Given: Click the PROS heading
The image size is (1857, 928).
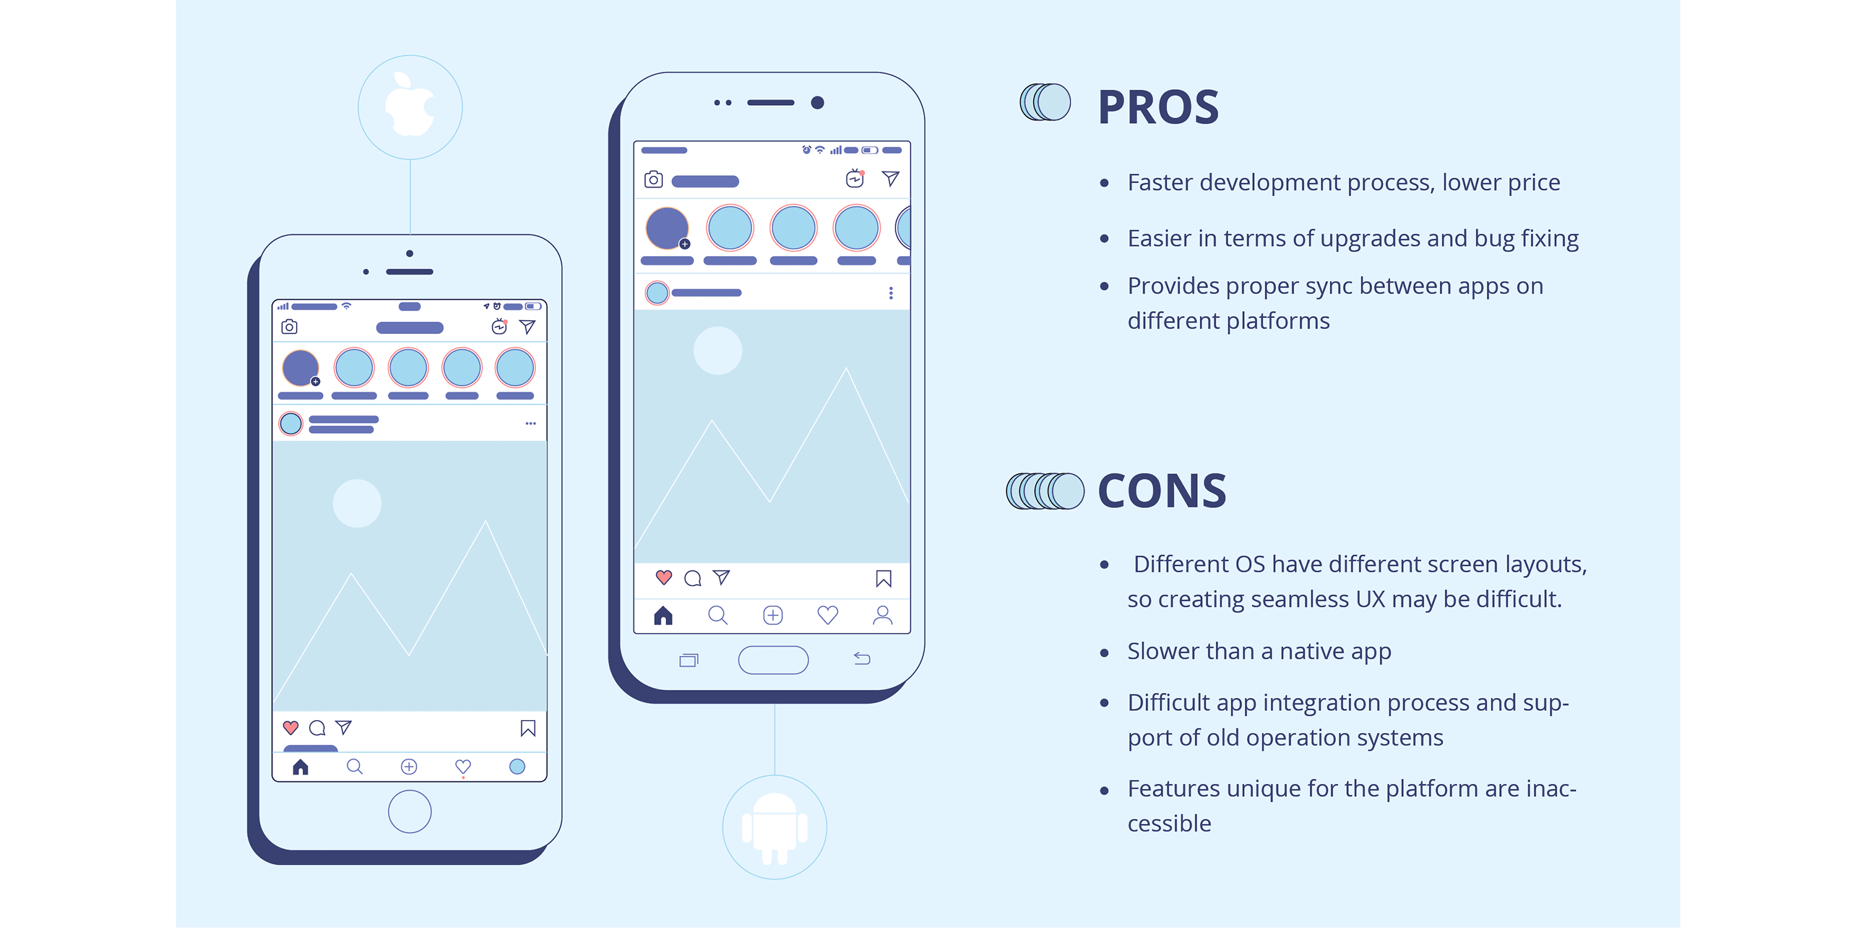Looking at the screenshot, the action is coord(1158,108).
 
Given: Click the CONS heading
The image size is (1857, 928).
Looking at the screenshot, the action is coord(1162,491).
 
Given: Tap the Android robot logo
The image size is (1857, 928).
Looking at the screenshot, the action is coord(775,828).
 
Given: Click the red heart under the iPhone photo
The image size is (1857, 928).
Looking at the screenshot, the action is coord(290,727).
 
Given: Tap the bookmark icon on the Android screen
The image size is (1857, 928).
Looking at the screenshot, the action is coord(884,578).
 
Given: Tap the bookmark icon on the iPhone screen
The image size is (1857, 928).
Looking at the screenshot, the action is coord(527,728).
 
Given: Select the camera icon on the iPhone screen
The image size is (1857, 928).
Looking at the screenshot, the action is coord(289,327).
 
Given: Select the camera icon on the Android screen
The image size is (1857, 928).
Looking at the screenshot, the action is coord(653,179).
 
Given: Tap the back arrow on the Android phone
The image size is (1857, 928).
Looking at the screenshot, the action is coord(862,658).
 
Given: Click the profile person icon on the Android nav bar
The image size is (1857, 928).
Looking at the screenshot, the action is coord(882,614).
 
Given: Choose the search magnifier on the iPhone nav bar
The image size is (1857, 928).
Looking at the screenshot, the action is coord(355,767).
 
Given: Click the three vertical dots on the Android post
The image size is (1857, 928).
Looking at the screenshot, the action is coord(891,293).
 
